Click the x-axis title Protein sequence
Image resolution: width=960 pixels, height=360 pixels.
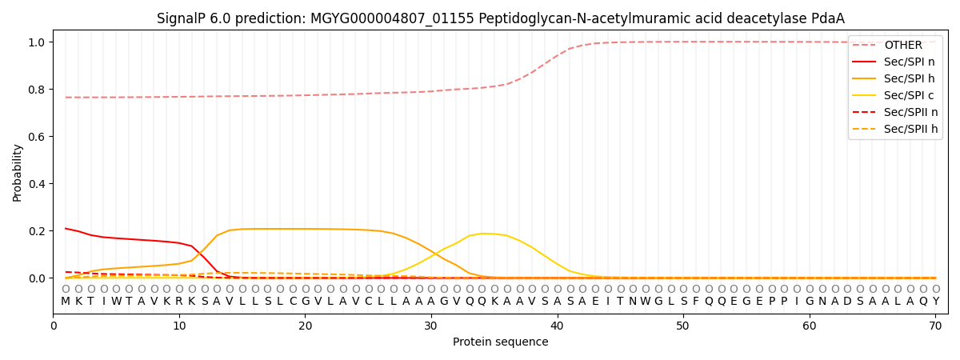click(x=501, y=342)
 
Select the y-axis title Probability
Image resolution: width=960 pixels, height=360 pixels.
click(x=18, y=172)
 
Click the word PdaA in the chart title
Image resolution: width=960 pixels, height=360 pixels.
click(x=828, y=18)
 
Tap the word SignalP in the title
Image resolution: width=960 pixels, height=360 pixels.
click(x=181, y=18)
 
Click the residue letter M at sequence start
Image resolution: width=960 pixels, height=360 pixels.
click(x=66, y=302)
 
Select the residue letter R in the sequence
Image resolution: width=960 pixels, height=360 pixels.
click(x=179, y=302)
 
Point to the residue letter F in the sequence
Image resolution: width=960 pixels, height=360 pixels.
click(x=696, y=302)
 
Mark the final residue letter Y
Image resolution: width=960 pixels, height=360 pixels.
click(x=935, y=302)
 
